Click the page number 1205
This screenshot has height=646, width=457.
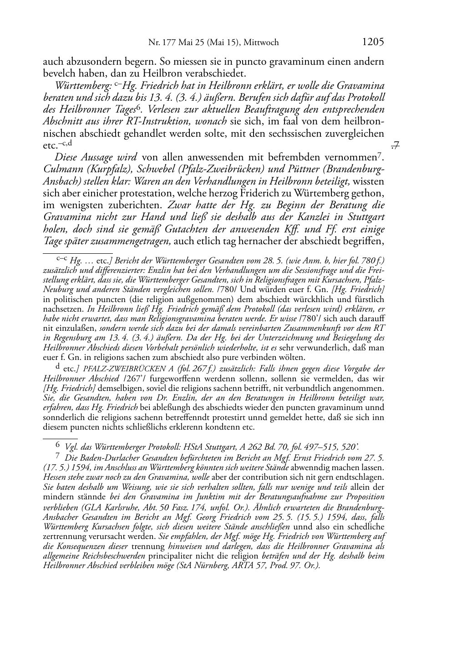click(x=373, y=42)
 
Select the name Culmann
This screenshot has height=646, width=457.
click(x=61, y=169)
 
